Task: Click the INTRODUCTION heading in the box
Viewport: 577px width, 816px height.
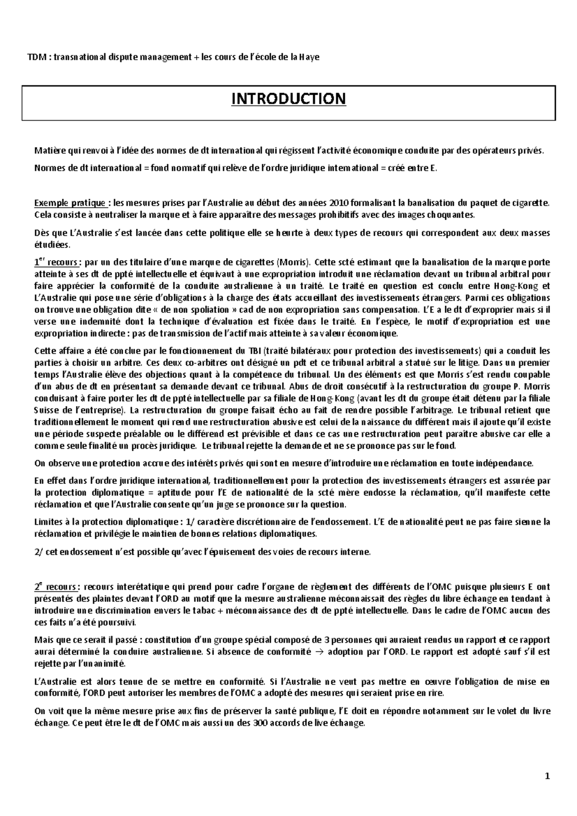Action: [288, 99]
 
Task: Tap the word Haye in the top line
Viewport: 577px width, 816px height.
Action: [309, 57]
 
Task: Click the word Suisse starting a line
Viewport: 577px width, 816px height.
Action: [46, 410]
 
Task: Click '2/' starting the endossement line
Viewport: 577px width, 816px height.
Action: [38, 552]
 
